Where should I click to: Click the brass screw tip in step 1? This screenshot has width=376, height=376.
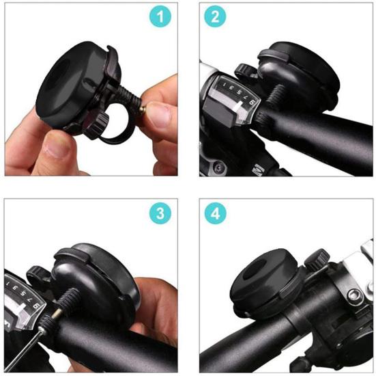pos(141,109)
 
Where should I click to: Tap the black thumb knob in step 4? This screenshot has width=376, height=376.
pos(315,260)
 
